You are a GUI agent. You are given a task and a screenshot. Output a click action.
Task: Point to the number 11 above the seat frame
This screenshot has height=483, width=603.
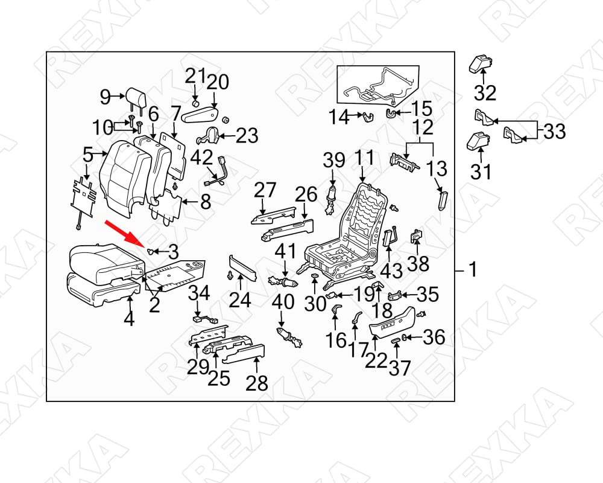pyautogui.click(x=364, y=158)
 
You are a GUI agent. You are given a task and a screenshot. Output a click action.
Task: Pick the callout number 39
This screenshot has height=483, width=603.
pyautogui.click(x=334, y=160)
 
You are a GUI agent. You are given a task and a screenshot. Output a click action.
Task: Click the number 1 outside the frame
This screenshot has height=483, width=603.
pyautogui.click(x=473, y=269)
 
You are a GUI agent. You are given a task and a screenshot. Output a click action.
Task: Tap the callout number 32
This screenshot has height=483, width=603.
pyautogui.click(x=485, y=93)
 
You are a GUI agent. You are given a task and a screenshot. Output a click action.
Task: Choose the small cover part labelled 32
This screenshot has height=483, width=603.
pyautogui.click(x=481, y=63)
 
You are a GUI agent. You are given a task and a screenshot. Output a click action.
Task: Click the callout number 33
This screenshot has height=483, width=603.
pyautogui.click(x=554, y=132)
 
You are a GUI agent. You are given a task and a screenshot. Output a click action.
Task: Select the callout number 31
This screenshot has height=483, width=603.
pyautogui.click(x=481, y=172)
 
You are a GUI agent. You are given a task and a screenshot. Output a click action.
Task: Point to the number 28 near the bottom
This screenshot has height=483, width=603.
pyautogui.click(x=257, y=383)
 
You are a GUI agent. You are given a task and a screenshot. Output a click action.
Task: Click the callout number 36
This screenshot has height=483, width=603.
pyautogui.click(x=434, y=337)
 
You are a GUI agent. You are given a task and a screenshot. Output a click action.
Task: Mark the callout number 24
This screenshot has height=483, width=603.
pyautogui.click(x=240, y=300)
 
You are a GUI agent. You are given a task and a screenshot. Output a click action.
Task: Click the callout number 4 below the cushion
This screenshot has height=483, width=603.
pyautogui.click(x=129, y=319)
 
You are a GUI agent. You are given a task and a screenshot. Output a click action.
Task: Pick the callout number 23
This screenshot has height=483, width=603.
pyautogui.click(x=247, y=135)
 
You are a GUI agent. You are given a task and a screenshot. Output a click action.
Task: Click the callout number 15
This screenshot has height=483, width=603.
pyautogui.click(x=422, y=109)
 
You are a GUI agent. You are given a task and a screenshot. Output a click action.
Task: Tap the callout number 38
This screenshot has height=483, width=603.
pyautogui.click(x=418, y=264)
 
